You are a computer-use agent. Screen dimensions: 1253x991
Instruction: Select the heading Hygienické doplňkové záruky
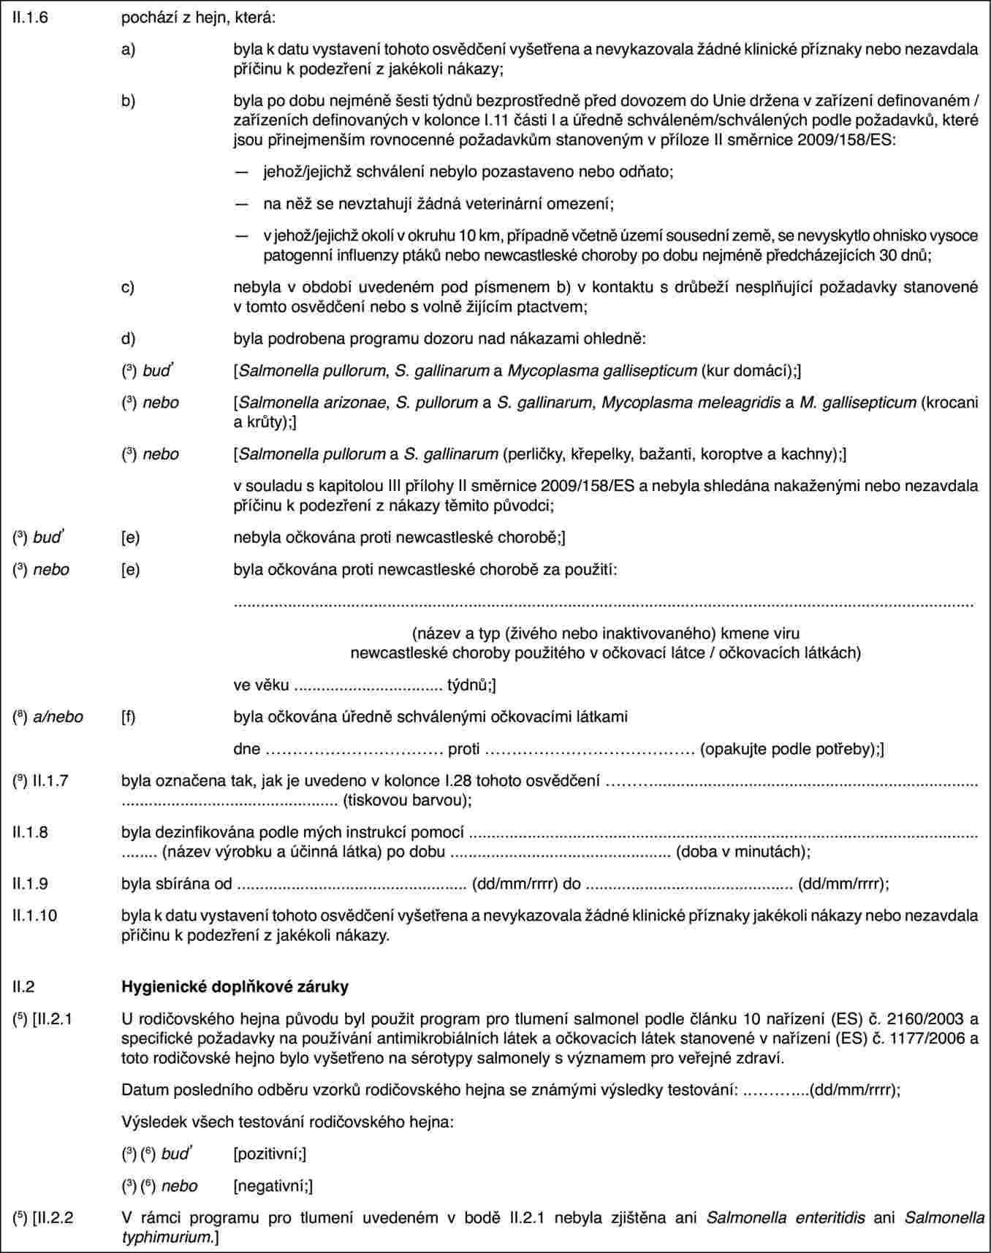click(235, 986)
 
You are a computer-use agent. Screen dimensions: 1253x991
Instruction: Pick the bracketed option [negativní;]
click(273, 1186)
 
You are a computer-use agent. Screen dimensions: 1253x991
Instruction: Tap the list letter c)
click(128, 288)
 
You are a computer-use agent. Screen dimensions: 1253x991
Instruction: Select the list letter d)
click(128, 339)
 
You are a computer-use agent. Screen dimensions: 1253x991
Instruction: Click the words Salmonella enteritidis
click(786, 1218)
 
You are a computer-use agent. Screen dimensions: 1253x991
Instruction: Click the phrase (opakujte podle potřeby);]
click(792, 749)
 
